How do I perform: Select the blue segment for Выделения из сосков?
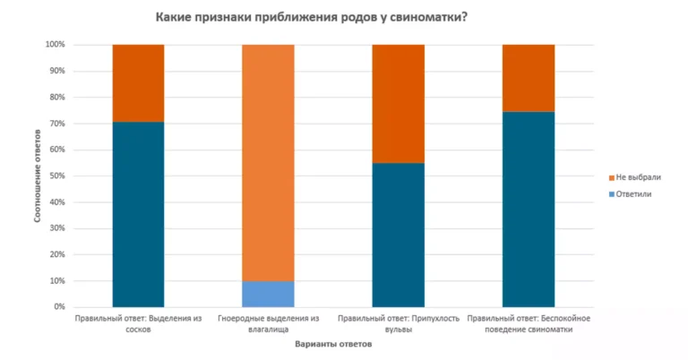click(138, 214)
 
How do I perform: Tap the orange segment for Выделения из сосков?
click(138, 82)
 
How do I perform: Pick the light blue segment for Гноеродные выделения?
click(268, 294)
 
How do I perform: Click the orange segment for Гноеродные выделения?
click(268, 162)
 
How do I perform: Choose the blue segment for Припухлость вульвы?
click(398, 235)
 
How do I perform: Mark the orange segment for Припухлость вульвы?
click(398, 103)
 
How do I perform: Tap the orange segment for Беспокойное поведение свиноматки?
click(528, 78)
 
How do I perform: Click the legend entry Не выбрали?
click(638, 177)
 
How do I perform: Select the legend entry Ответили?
click(635, 193)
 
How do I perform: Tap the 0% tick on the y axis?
click(58, 307)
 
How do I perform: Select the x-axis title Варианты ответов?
click(332, 347)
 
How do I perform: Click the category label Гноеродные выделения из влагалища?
click(268, 324)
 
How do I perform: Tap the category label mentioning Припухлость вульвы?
click(398, 324)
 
